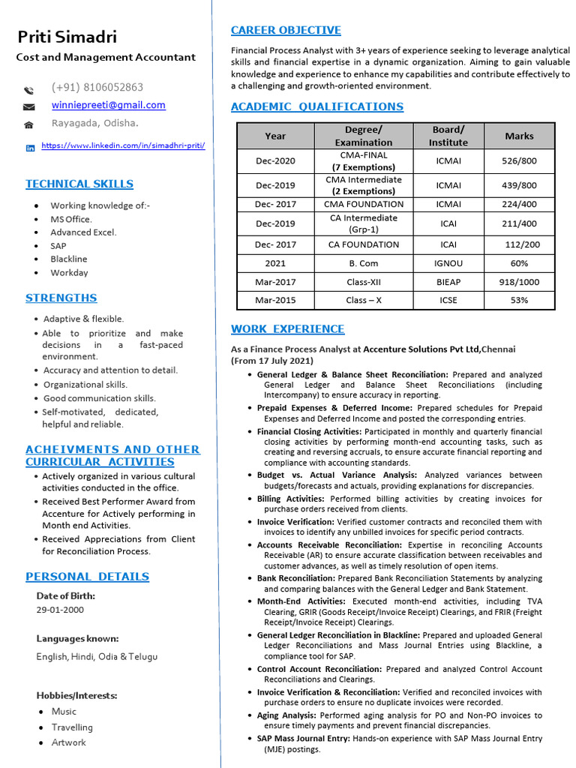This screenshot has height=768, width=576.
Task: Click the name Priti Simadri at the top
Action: point(67,37)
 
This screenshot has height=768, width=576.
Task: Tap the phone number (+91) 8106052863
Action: point(97,87)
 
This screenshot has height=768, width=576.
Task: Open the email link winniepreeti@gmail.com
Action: point(108,105)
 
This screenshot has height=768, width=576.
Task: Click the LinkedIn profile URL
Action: point(123,145)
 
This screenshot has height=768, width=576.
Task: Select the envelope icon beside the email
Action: point(29,106)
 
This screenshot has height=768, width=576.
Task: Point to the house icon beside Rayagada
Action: point(29,124)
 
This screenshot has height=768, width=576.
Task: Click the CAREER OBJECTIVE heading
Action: point(286,31)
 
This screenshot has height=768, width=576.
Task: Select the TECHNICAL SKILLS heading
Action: point(79,184)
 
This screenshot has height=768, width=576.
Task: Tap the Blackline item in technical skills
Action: point(69,259)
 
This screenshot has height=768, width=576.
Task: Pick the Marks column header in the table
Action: point(519,136)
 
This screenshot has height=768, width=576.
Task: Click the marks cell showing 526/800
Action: point(519,160)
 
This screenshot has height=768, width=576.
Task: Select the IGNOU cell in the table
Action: point(448,263)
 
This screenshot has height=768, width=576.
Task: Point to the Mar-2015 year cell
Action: point(275,300)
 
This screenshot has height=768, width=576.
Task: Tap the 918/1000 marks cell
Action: point(519,282)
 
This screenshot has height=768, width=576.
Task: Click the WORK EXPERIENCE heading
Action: point(288,329)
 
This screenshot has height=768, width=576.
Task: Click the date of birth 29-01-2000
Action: point(60,610)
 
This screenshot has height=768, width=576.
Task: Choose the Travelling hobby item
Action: point(72,727)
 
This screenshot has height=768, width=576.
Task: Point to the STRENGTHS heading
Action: point(61,298)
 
